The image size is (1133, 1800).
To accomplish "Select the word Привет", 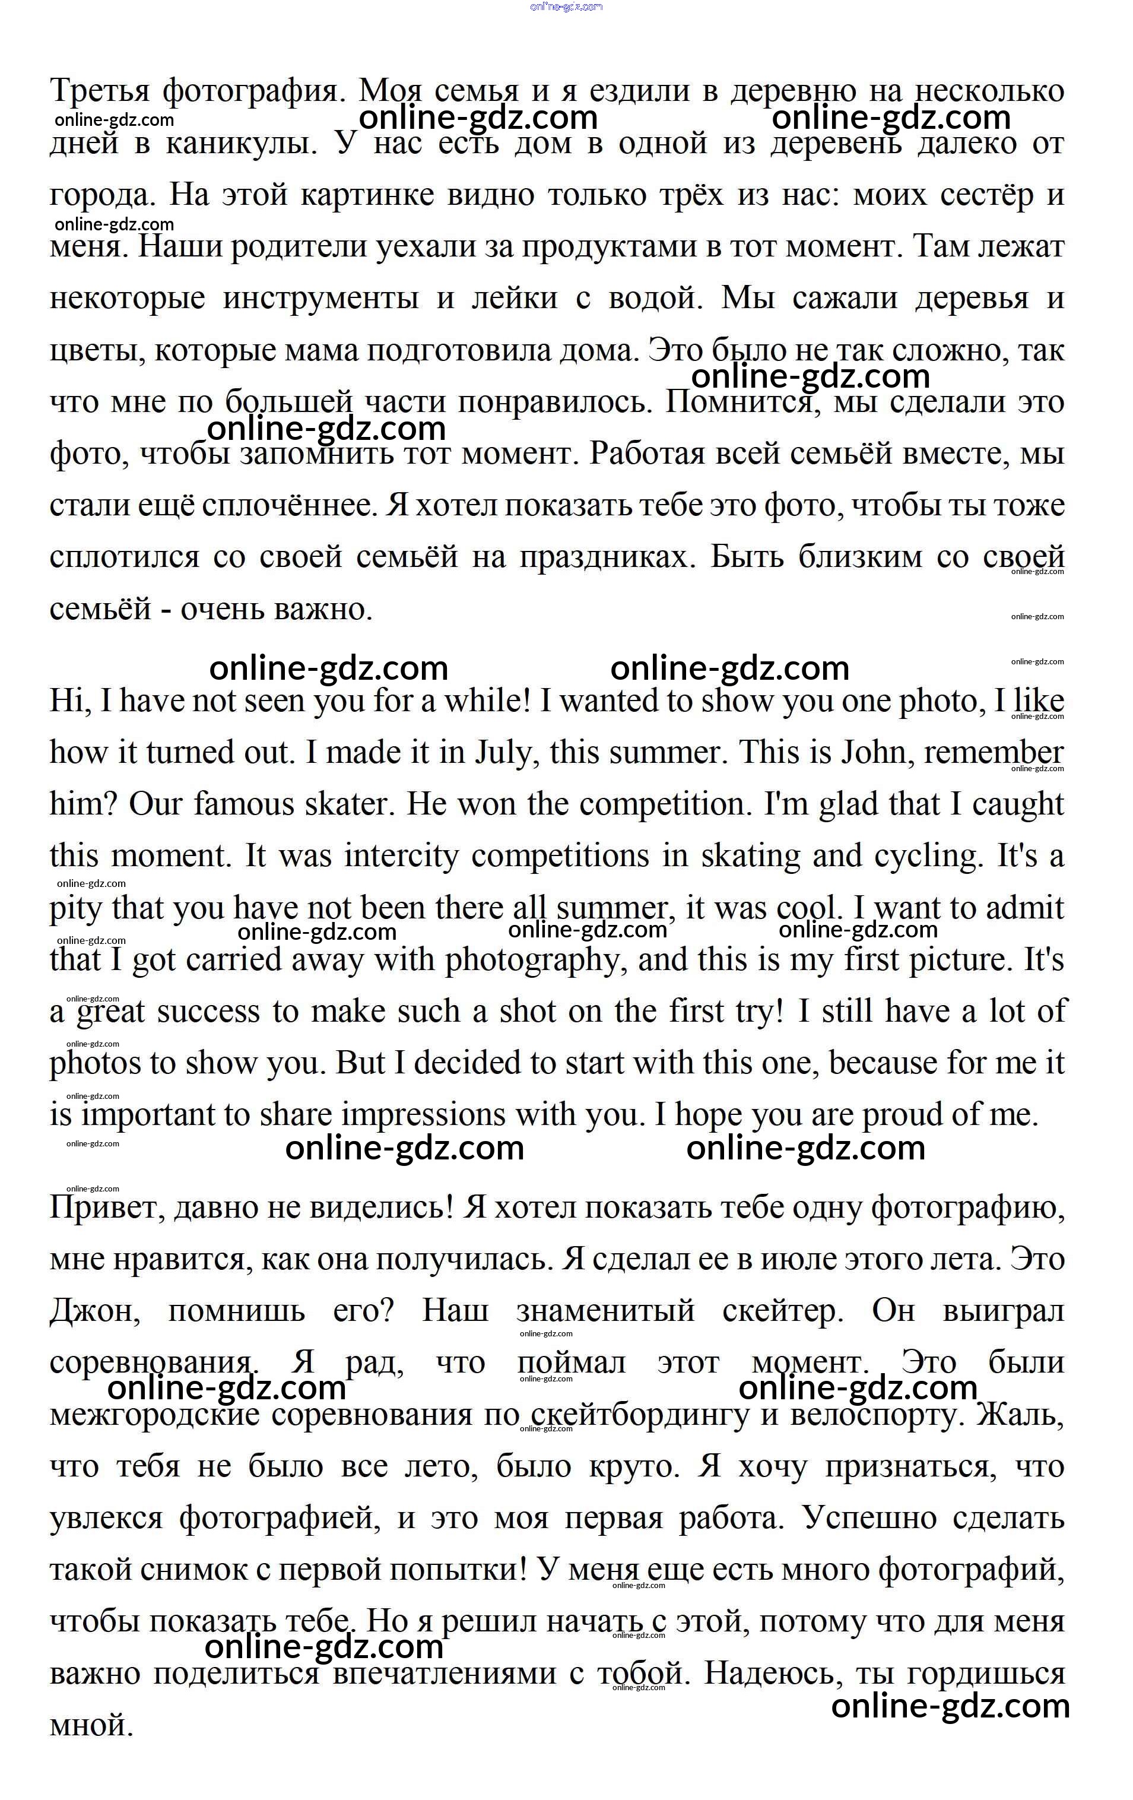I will coord(106,1209).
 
